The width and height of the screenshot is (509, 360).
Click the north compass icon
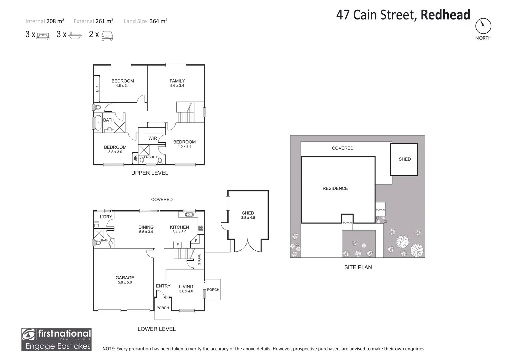tap(483, 25)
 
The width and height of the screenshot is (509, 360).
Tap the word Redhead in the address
tap(445, 15)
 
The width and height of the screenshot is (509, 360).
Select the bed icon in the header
tap(43, 35)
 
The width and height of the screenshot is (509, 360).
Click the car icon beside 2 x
tap(107, 35)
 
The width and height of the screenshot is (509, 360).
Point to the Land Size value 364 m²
tap(158, 21)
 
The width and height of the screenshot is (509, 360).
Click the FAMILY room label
tap(177, 81)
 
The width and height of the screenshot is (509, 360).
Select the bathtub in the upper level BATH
tap(98, 122)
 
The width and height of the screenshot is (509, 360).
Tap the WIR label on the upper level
tap(153, 138)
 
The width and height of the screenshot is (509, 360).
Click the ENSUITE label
tap(151, 157)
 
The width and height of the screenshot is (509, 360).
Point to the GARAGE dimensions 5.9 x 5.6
tap(125, 282)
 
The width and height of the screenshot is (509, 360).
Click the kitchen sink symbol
tap(189, 214)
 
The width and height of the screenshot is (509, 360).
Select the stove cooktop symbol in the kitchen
tap(201, 228)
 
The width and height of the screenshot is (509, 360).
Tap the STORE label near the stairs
tap(199, 259)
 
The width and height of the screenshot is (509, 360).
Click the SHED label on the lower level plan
tap(248, 213)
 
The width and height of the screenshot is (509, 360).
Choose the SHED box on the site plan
tap(404, 159)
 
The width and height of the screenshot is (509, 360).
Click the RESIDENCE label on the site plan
tap(335, 188)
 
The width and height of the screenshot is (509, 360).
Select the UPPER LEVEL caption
tap(149, 173)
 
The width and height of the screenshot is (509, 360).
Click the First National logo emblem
tap(29, 334)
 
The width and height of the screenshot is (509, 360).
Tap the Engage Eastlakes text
tap(58, 346)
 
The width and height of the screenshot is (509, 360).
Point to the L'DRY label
tap(106, 217)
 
